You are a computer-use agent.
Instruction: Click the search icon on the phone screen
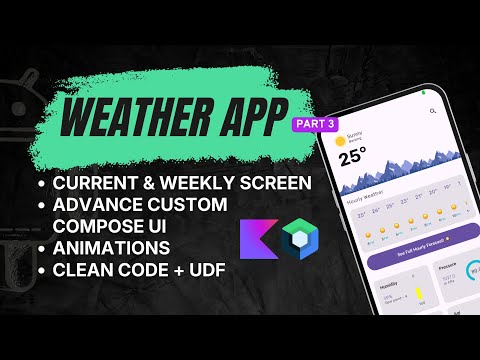pyautogui.click(x=432, y=109)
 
